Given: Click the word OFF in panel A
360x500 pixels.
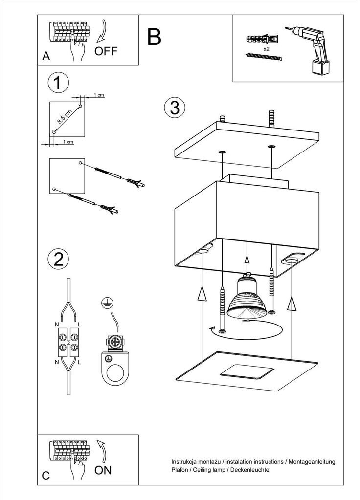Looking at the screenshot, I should (107, 51).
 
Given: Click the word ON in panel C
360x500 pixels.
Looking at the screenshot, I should (103, 470).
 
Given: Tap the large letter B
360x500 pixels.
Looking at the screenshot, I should (154, 37).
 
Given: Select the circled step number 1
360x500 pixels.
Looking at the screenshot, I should (58, 83).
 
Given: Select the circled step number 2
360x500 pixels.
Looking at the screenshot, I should (58, 259).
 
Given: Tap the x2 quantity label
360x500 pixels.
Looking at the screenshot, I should (267, 50).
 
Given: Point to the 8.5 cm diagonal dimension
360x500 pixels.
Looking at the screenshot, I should (65, 116).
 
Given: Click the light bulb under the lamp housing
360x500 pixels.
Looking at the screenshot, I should (247, 298).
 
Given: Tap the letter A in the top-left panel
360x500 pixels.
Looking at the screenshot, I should (46, 56).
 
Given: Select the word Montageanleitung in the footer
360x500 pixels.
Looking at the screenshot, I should (311, 461).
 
